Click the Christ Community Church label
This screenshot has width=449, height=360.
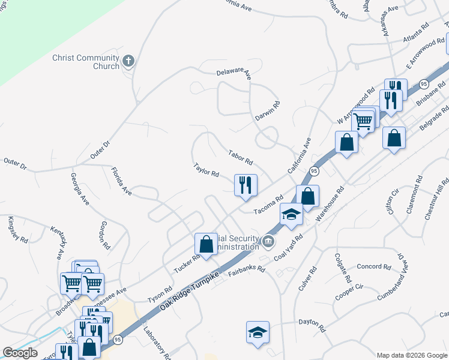tap(86, 62)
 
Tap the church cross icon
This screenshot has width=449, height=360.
tap(128, 61)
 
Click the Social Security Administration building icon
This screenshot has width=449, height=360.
tap(268, 242)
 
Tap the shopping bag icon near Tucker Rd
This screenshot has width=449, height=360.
tap(206, 244)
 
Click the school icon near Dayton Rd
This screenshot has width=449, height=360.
tap(258, 332)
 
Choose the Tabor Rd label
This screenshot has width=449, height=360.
tap(241, 158)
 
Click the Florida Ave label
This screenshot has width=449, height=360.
tap(121, 181)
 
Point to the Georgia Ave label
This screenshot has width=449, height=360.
tap(80, 189)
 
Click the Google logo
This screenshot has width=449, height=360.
tap(20, 353)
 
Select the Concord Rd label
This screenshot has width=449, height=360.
tap(373, 266)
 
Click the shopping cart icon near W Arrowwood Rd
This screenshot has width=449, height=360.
tap(363, 121)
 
